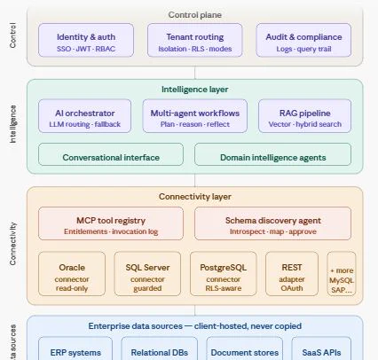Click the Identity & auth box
pyautogui.click(x=86, y=40)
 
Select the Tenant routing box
pyautogui.click(x=195, y=40)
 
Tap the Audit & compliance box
pyautogui.click(x=303, y=40)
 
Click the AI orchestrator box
pyautogui.click(x=85, y=116)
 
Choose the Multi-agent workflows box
pyautogui.click(x=195, y=116)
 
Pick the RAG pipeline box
pyautogui.click(x=305, y=116)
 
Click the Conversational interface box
pyautogui.click(x=111, y=154)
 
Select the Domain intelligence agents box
pyautogui.click(x=273, y=154)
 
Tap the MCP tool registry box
pyautogui.click(x=111, y=223)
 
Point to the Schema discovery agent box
pyautogui.click(x=273, y=223)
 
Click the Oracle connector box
pyautogui.click(x=72, y=274)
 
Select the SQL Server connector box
pyautogui.click(x=147, y=274)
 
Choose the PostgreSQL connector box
pyautogui.click(x=224, y=274)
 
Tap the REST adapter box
pyautogui.click(x=292, y=274)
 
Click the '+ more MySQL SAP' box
pyautogui.click(x=342, y=274)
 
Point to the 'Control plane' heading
pyautogui.click(x=195, y=15)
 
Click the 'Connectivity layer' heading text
pyautogui.click(x=195, y=197)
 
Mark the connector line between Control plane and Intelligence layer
pyautogui.click(x=195, y=73)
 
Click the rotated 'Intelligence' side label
pyautogui.click(x=12, y=124)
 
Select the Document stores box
pyautogui.click(x=245, y=348)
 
